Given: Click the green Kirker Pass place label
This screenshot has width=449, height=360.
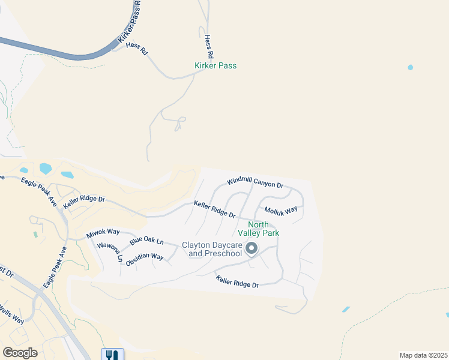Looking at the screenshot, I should coord(215,65).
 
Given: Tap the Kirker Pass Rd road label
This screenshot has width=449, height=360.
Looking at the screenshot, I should coord(130,24).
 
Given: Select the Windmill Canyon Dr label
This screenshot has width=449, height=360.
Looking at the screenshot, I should coord(255,182).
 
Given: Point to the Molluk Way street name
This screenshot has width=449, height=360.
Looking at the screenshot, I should coord(281,211).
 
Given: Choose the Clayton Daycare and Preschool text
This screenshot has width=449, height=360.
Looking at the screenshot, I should coord(215,249).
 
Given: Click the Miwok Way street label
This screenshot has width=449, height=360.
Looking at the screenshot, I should coord(103,233).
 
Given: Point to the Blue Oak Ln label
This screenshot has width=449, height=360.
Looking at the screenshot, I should coord(146,241).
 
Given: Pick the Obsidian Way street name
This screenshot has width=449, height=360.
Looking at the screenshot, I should coord(145,257).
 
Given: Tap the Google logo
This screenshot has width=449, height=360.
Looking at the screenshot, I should coord(20,353).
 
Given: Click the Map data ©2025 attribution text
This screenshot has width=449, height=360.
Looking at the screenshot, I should coord(423,355).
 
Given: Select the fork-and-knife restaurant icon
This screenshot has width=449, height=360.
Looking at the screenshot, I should coord(112,354).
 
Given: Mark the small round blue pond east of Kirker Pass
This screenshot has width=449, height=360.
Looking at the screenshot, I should coord(411,67).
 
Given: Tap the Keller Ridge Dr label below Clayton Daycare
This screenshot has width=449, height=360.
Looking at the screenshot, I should coord(237,281).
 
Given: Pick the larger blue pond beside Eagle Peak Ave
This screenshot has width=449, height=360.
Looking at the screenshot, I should coord(46,169).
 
